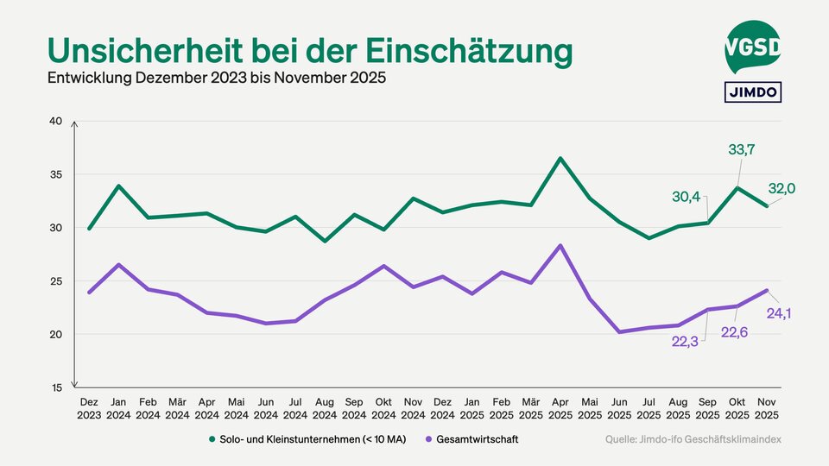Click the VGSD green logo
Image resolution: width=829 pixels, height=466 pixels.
point(752,48)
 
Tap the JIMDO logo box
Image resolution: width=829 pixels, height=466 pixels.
point(752,91)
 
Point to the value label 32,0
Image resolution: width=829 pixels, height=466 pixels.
point(782,188)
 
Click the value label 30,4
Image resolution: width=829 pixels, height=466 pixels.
point(687,198)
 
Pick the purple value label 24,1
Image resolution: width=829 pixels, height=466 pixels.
point(780,313)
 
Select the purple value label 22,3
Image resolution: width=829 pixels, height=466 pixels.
point(687,342)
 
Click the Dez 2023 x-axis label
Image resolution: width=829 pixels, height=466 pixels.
point(89,408)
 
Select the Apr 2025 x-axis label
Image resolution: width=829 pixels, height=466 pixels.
point(560,408)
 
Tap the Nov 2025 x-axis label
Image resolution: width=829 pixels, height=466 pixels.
point(766,408)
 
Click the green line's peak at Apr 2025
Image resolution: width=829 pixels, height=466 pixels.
point(560,158)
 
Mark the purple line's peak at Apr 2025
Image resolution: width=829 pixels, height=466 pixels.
point(560,246)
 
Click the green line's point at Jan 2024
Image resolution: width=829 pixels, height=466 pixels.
point(118,186)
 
